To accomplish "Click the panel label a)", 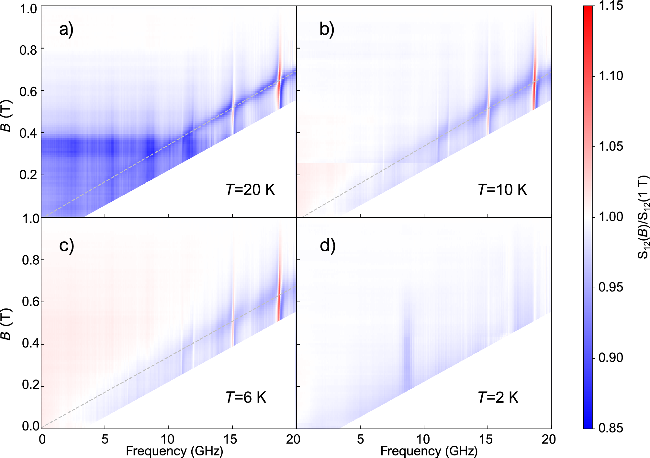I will [x=66, y=29].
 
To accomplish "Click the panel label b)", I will [x=327, y=29].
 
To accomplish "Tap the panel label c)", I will [x=66, y=245].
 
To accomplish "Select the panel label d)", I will [x=327, y=245].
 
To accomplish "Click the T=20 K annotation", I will [x=250, y=189].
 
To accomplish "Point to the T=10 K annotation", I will [x=502, y=189].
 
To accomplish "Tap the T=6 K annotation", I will [x=246, y=397].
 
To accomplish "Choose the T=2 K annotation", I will [x=498, y=397].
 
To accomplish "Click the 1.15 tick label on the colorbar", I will [x=611, y=6].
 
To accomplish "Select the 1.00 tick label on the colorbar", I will [x=611, y=217].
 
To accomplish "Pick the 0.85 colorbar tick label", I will [x=611, y=428].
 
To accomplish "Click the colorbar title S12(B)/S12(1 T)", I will [x=643, y=217].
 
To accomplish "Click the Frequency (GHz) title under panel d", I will [x=429, y=451].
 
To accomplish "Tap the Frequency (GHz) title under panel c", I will [x=174, y=451].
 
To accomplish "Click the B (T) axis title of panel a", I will [x=6, y=116].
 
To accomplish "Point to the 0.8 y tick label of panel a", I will [x=28, y=50].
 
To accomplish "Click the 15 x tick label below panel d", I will [x=486, y=439].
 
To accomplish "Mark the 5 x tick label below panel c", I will [x=105, y=439].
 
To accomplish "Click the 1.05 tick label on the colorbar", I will [x=611, y=146].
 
